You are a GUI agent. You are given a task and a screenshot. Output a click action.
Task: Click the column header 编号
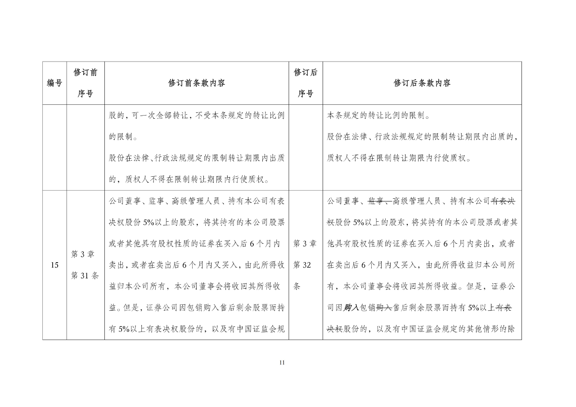[x=54, y=83]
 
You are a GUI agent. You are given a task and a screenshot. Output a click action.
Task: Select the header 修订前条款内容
[x=197, y=83]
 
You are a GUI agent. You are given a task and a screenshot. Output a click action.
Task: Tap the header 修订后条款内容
[x=422, y=83]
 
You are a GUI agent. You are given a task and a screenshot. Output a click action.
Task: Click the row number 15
[x=54, y=265]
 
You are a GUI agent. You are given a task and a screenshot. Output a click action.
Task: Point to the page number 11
[x=282, y=363]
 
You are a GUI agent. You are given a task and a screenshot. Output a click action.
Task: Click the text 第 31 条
[x=85, y=276]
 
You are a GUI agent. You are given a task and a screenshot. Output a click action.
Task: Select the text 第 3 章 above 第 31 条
[x=83, y=255]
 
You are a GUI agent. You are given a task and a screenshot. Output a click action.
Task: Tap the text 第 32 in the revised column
[x=302, y=265]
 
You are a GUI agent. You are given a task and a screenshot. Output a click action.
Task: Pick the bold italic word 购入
[x=351, y=308]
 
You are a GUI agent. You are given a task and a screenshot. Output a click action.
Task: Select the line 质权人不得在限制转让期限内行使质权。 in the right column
[x=399, y=159]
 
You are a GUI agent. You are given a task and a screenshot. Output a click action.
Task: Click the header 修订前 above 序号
[x=85, y=72]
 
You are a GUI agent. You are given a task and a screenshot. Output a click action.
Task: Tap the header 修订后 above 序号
[x=306, y=72]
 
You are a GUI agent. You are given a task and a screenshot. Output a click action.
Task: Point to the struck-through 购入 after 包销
[x=384, y=308]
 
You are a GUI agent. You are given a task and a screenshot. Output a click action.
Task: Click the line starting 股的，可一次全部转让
[x=196, y=116]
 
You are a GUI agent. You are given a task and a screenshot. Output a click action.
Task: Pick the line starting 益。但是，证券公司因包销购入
[x=196, y=308]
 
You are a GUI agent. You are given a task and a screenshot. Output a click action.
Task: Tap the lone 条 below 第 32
[x=297, y=286]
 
